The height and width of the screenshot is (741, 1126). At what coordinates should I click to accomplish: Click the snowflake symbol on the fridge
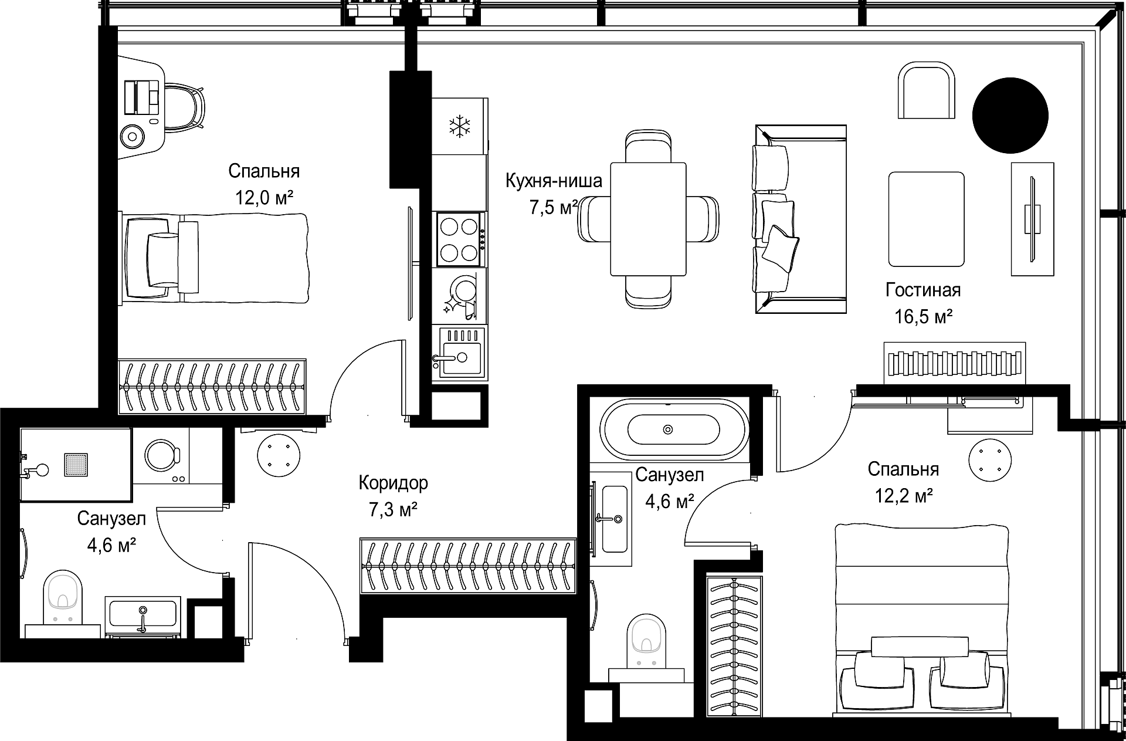tap(460, 127)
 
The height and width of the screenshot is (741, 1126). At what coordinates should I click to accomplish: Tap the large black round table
tap(1010, 116)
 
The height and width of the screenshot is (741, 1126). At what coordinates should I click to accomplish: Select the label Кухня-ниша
tap(554, 181)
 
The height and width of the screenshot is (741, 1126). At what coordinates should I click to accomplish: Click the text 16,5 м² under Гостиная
tap(923, 317)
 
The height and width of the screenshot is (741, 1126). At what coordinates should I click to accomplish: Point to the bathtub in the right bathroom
tap(674, 430)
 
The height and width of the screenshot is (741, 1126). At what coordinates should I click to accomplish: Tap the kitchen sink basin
tap(460, 351)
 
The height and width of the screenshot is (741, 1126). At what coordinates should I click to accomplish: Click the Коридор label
tap(393, 483)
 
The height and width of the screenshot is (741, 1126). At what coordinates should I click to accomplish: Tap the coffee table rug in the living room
tap(927, 219)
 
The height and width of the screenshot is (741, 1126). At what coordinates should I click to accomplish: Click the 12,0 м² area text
tap(264, 198)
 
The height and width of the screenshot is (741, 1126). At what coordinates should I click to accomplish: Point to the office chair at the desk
tap(184, 108)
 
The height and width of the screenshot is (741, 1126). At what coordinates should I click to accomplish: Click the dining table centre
tap(648, 219)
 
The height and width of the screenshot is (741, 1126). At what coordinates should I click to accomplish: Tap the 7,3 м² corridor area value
tap(393, 510)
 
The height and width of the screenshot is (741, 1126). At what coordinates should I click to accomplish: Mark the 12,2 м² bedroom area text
tap(904, 496)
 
